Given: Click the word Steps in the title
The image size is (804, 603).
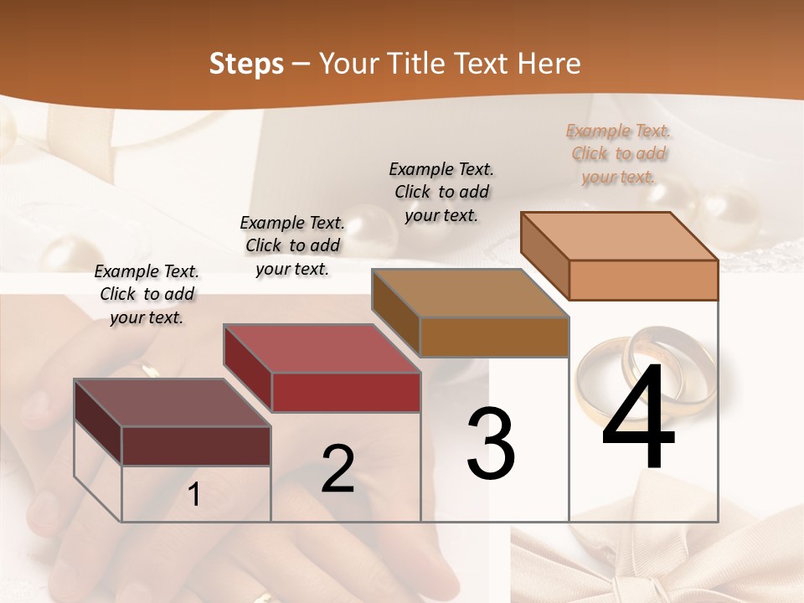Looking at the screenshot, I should (246, 64).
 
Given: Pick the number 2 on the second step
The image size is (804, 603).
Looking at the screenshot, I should (338, 468).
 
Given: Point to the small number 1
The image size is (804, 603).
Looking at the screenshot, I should (194, 494).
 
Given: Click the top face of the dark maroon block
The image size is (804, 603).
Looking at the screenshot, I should (172, 403).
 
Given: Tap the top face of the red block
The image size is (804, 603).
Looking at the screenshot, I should (322, 348).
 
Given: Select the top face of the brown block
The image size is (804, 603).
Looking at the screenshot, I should (470, 293).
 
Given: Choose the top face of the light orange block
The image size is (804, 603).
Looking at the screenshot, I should (619, 236).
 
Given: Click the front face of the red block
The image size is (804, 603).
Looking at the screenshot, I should (346, 392).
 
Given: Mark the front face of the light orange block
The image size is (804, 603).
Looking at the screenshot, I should (643, 280).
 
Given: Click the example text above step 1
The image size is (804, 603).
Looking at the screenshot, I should (147, 294).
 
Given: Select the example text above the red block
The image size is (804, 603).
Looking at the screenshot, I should (292, 245).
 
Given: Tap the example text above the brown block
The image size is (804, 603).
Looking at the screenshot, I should (441, 192).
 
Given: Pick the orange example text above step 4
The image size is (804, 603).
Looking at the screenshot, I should (618, 153).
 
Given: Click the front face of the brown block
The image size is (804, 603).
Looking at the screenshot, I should (494, 337).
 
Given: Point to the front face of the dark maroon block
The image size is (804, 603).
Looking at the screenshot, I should (196, 446).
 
